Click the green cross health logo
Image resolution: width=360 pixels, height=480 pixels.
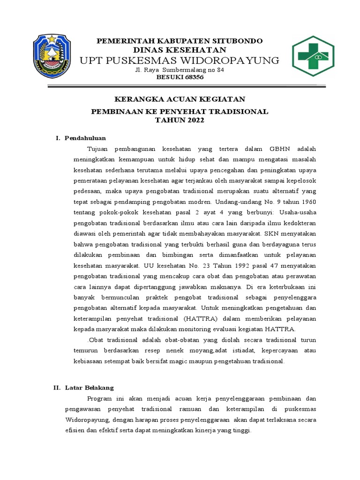pos(313,57)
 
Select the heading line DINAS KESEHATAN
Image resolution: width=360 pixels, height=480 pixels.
pos(180,50)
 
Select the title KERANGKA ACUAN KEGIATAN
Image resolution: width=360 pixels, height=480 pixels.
pos(180,99)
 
